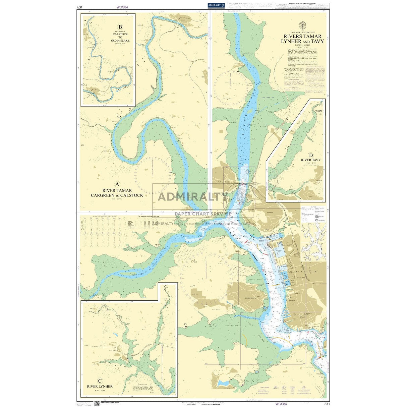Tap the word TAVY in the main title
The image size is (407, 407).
point(317,41)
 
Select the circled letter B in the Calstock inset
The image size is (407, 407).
point(120,27)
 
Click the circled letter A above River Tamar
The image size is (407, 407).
point(117,184)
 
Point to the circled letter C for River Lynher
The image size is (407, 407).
point(100,381)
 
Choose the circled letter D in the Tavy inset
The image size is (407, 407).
point(311,155)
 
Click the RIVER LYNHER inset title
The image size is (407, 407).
point(100,387)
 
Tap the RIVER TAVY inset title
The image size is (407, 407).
point(311,160)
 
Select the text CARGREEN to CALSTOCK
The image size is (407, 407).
point(117,195)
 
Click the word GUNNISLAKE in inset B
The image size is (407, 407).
point(120,41)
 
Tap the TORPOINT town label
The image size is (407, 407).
point(250,298)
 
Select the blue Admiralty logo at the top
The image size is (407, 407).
point(216,5)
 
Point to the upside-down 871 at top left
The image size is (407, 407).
point(79,7)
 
